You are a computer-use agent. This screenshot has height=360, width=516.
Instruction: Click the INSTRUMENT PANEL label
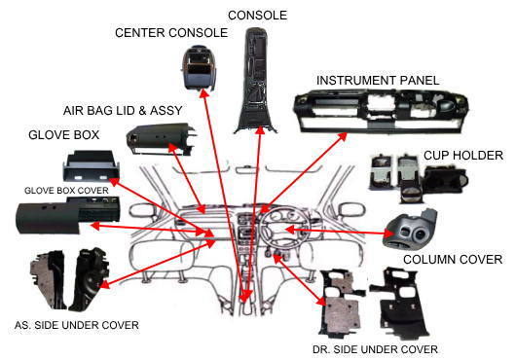click(x=378, y=81)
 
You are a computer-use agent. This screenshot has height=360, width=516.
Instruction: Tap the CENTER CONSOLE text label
click(x=171, y=33)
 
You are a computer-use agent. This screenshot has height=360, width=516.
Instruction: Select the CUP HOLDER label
click(x=463, y=156)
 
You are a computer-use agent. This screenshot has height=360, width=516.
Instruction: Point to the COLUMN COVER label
click(x=453, y=260)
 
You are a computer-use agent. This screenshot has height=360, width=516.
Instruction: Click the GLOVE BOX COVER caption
click(x=66, y=191)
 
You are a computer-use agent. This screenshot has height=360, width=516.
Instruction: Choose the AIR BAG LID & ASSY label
click(x=123, y=111)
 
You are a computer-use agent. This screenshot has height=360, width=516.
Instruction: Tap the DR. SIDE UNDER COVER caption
click(x=375, y=349)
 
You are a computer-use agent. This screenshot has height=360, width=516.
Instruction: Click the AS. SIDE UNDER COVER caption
click(x=77, y=325)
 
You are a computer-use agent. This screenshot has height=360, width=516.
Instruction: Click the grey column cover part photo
click(x=410, y=230)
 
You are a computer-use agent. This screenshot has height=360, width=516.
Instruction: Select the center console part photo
click(x=199, y=68)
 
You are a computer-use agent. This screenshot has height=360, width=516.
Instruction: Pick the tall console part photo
click(x=256, y=81)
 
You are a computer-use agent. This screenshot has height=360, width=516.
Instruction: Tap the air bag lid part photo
click(x=161, y=138)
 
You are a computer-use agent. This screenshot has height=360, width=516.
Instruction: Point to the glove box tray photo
click(x=91, y=166)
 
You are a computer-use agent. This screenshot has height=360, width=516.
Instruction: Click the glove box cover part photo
click(x=68, y=215)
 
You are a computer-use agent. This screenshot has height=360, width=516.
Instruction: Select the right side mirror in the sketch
click(x=352, y=210)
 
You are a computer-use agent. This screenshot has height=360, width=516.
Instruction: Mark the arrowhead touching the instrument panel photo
click(x=343, y=136)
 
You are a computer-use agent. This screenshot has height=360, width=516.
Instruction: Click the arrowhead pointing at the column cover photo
click(x=389, y=234)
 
